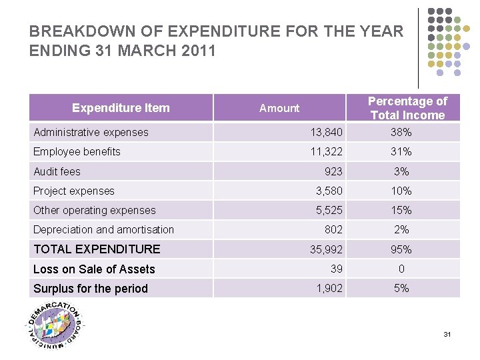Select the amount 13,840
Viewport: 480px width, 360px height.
coord(326,132)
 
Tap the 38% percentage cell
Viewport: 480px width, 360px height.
coord(401,132)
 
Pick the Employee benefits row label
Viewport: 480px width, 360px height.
coord(77,151)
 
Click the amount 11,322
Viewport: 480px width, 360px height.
coord(326,151)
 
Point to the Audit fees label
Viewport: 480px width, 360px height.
coord(57,171)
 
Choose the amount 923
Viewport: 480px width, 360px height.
coord(333,171)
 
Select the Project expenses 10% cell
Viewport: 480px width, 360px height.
coord(401,191)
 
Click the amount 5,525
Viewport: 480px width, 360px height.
coord(329,210)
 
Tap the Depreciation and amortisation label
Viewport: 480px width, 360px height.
coord(103,229)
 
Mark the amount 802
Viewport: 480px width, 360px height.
coord(333,229)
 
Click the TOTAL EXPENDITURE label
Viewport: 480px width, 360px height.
coord(97,249)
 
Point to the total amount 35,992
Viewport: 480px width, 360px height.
coord(326,249)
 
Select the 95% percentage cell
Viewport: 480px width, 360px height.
coord(401,249)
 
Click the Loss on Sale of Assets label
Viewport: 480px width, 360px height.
coord(94,269)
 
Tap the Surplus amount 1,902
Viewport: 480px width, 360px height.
coord(329,289)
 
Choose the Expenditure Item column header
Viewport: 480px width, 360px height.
coord(121,108)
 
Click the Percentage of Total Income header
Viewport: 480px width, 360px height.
coord(407,108)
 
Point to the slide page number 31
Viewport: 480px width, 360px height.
coord(447,334)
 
